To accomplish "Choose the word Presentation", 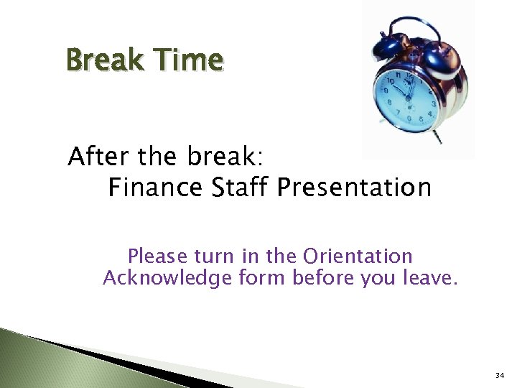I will click(x=354, y=188).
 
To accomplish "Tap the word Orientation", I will click(x=358, y=257).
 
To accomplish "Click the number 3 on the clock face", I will click(x=433, y=105).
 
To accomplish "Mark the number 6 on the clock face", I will click(x=409, y=119).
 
